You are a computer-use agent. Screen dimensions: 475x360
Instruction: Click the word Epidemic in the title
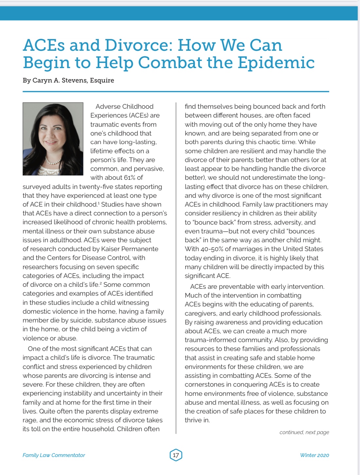click(276, 63)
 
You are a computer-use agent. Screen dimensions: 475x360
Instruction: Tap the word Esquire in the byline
click(102, 81)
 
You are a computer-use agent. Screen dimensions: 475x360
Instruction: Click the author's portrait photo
click(53, 139)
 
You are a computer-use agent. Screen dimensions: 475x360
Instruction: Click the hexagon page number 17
click(176, 455)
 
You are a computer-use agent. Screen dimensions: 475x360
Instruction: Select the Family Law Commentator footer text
click(54, 455)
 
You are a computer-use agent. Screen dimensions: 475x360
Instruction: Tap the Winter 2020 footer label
click(314, 455)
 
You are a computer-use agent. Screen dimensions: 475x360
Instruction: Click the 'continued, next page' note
click(304, 432)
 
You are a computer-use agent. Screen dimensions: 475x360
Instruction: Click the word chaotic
click(285, 142)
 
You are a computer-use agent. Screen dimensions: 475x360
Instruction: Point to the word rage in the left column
click(29, 420)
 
